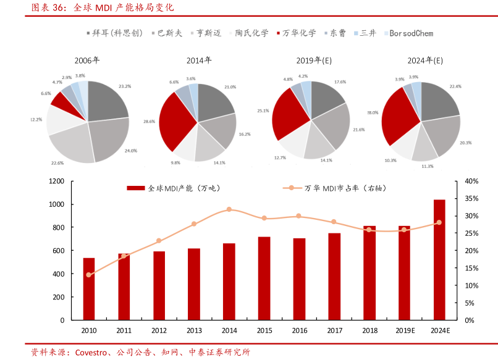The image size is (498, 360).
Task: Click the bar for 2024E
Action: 439,259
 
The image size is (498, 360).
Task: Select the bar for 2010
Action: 89,288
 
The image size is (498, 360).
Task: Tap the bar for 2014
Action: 229,282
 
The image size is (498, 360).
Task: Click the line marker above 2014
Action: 229,209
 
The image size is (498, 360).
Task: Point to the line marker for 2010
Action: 89,275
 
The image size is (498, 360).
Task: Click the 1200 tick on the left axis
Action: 57,181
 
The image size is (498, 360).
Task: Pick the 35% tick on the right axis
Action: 471,198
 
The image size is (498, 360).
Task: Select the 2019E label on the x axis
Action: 404,331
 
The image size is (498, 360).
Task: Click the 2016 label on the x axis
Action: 299,331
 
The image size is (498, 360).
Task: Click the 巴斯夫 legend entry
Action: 170,33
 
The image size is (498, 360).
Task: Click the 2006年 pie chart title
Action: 87,61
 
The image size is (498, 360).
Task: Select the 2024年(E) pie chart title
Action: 425,61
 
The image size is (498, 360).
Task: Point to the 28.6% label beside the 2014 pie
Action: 149,122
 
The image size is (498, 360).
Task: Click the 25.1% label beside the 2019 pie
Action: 263,111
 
